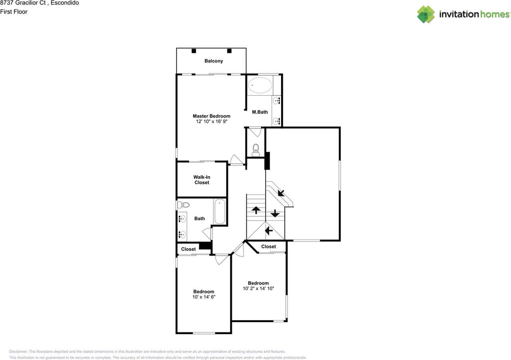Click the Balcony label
click(214, 61)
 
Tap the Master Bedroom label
click(212, 116)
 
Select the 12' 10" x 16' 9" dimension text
click(212, 121)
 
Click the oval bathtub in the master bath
click(260, 85)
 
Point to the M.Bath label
click(260, 112)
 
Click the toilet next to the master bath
click(256, 150)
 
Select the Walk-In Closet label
click(202, 180)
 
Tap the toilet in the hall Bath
click(183, 205)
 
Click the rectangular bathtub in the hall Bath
click(220, 212)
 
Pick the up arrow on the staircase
click(256, 210)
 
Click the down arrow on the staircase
click(275, 213)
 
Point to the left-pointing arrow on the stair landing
click(269, 231)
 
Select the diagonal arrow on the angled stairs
click(281, 193)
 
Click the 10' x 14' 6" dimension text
click(204, 297)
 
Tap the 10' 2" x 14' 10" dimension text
click(258, 289)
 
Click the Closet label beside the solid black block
click(188, 249)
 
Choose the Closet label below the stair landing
click(269, 247)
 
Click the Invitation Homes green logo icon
click(426, 14)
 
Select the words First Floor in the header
click(14, 12)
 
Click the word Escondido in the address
click(65, 3)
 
